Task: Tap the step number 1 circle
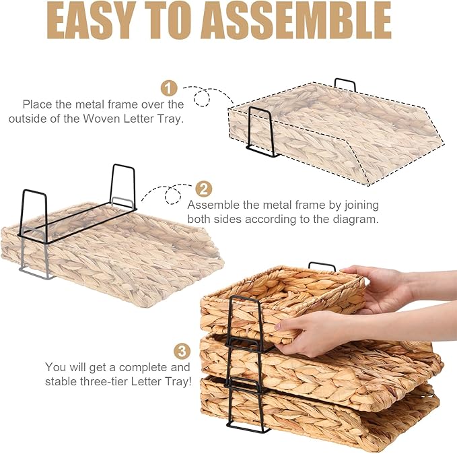(169, 88)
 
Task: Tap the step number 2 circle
(203, 189)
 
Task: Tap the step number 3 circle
(181, 351)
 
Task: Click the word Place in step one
(38, 104)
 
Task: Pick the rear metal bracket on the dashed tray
(345, 84)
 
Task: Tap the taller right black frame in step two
(122, 185)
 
